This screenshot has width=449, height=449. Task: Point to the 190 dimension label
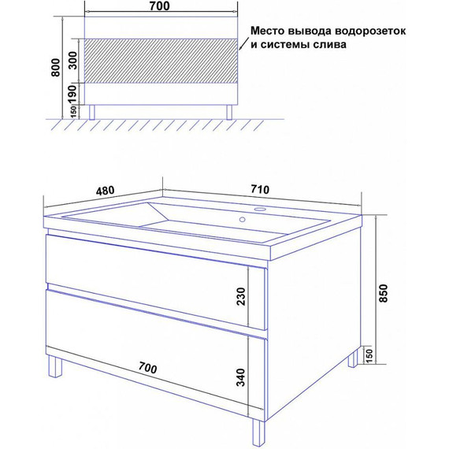click(x=72, y=94)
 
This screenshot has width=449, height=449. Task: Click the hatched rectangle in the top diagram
click(x=161, y=60)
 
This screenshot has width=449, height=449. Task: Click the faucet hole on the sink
click(x=261, y=210)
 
